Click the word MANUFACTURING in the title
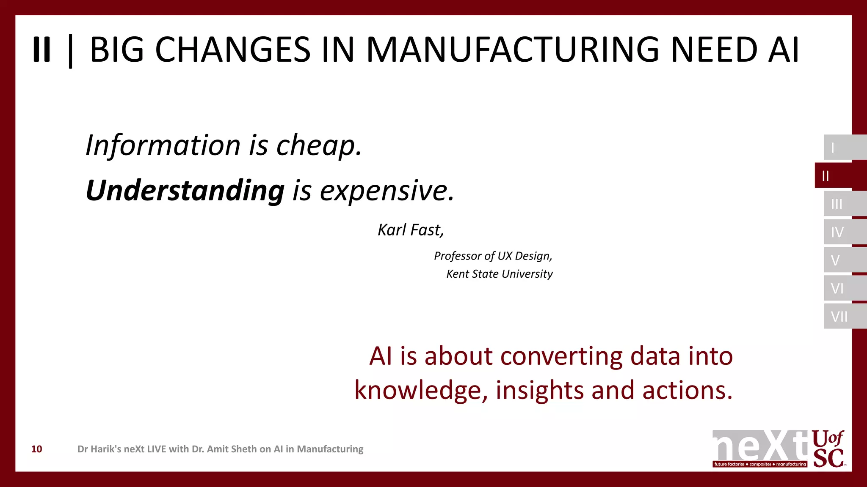tap(513, 50)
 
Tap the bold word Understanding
tap(185, 191)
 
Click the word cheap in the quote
tap(318, 145)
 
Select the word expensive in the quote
tap(386, 191)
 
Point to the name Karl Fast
tap(410, 230)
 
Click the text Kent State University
tap(499, 274)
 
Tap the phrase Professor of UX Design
tap(493, 256)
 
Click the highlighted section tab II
tap(836, 175)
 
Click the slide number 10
tap(37, 449)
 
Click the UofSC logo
tap(828, 449)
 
